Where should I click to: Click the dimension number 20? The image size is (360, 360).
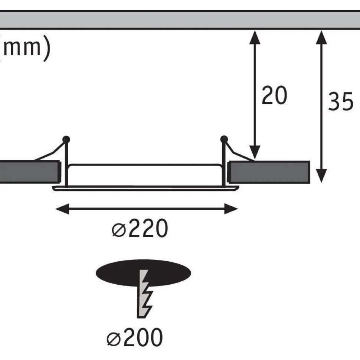(274, 95)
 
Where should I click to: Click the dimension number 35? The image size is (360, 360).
(341, 101)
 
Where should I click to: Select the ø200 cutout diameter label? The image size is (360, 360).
(135, 337)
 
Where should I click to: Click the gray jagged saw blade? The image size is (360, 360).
(144, 294)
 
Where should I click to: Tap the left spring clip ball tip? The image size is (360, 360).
(66, 140)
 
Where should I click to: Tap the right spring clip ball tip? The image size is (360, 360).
(224, 139)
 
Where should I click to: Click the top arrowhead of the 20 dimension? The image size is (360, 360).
(255, 37)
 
